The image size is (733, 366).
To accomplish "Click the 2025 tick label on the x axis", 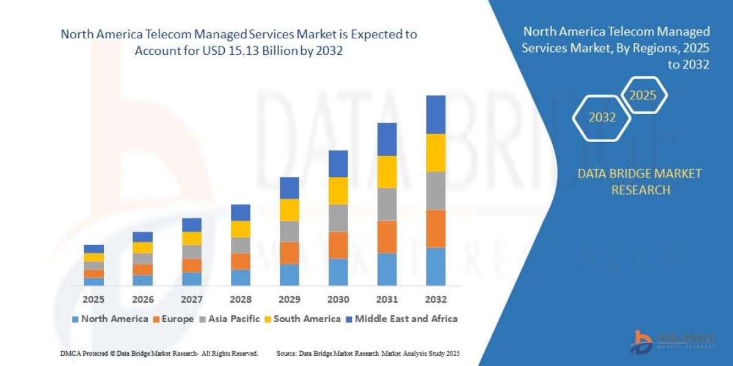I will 93,300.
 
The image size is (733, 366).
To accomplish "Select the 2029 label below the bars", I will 289,300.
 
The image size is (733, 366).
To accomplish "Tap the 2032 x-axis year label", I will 436,300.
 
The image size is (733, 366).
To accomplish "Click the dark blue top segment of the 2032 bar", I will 436,114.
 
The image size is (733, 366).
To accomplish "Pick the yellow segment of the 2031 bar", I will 387,171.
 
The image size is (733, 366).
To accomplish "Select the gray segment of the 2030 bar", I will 338,218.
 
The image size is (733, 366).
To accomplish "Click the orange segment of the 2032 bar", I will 436,228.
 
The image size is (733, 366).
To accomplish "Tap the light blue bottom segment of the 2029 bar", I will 289,274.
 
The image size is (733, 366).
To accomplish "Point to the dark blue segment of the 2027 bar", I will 191,224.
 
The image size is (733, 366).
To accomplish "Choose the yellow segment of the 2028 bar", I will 240,229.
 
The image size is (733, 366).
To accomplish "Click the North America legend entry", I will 109,318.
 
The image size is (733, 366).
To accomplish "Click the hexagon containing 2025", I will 643,95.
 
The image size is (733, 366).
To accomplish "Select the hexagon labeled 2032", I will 602,118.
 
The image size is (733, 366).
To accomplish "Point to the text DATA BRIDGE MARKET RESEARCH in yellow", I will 639,182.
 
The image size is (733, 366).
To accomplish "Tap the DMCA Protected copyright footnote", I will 158,353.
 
